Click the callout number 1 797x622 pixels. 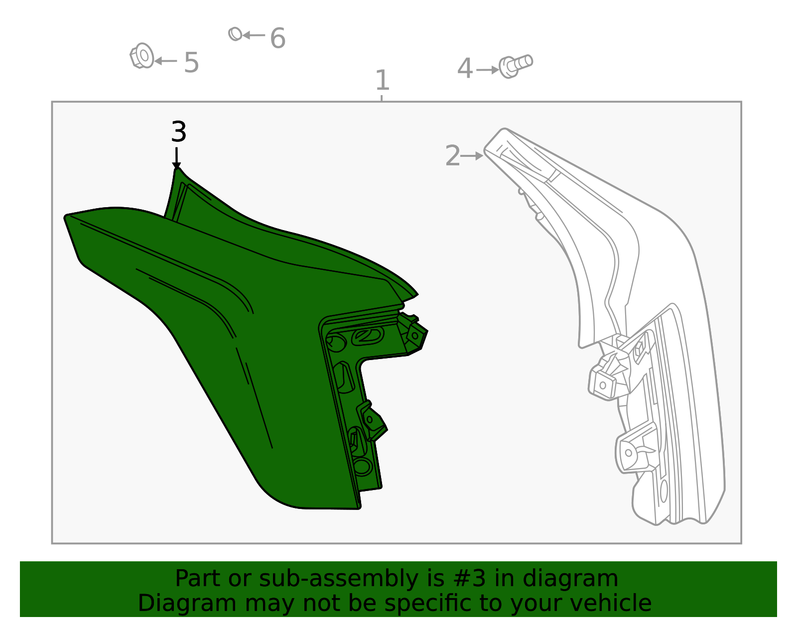click(x=382, y=80)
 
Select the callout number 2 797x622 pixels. click(x=453, y=156)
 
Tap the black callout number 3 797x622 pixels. click(x=178, y=132)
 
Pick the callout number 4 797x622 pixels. click(x=465, y=69)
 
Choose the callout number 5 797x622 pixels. click(x=191, y=63)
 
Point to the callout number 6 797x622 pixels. click(x=277, y=38)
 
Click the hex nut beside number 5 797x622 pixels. click(x=142, y=56)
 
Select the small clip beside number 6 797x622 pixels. click(x=235, y=34)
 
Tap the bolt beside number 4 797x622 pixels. click(x=516, y=66)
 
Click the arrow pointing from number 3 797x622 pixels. click(x=176, y=158)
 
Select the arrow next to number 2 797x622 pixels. click(x=472, y=156)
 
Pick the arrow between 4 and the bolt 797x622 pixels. click(x=487, y=70)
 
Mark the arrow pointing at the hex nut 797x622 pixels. click(x=165, y=61)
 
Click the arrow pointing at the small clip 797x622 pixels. click(x=254, y=35)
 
